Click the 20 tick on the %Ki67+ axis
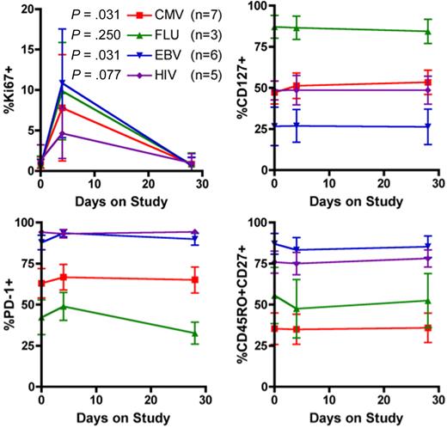(27, 9)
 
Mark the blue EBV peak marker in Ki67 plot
(62, 83)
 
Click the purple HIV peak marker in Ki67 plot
(62, 133)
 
